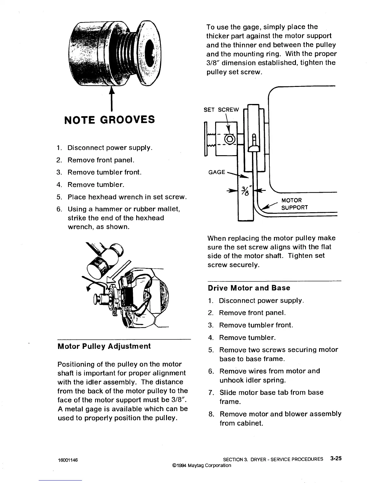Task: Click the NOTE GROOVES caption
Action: click(x=109, y=119)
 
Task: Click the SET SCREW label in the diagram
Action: click(x=221, y=110)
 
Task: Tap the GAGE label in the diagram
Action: click(x=217, y=172)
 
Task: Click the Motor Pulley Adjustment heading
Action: click(x=104, y=346)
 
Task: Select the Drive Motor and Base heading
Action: click(x=249, y=288)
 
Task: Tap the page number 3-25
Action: click(x=335, y=458)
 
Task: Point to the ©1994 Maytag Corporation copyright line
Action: click(x=201, y=465)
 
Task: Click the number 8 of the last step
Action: click(x=210, y=414)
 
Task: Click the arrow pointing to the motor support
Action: click(x=268, y=206)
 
